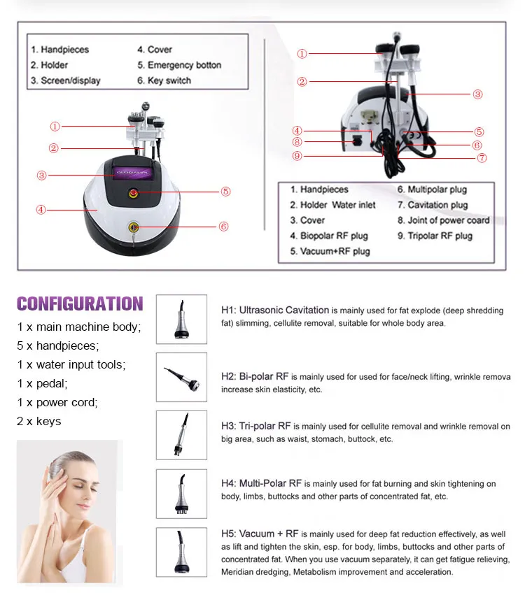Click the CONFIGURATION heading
click(x=80, y=303)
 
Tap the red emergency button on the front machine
click(x=134, y=192)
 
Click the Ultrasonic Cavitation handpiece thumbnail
click(x=181, y=319)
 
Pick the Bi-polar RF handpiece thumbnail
click(x=181, y=377)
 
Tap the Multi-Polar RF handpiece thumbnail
click(x=181, y=493)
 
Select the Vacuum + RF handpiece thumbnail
click(x=181, y=551)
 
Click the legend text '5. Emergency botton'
click(x=179, y=65)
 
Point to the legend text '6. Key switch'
click(x=164, y=80)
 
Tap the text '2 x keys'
click(x=39, y=421)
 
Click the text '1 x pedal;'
click(x=43, y=383)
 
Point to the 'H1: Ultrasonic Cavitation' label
click(x=275, y=310)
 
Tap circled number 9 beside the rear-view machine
click(x=297, y=156)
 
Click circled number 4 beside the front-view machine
click(x=41, y=209)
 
